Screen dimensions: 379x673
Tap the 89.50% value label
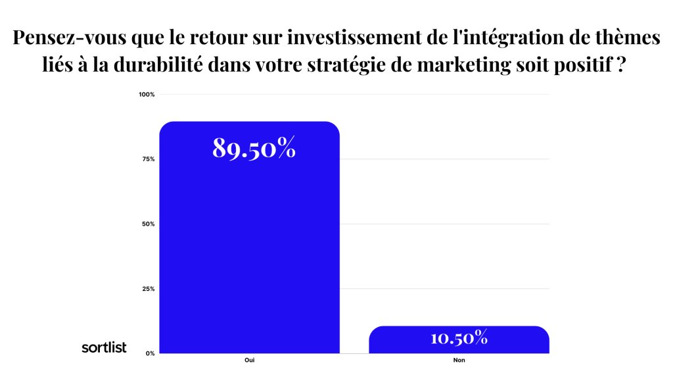(254, 148)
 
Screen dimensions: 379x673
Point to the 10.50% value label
(459, 338)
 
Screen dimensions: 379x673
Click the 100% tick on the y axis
(147, 95)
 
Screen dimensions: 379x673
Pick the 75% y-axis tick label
(148, 159)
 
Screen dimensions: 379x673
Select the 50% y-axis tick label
(148, 224)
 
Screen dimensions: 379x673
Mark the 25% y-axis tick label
(148, 289)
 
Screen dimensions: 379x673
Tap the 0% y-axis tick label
(150, 353)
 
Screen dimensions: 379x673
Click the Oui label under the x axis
(249, 361)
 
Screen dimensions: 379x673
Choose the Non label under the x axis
(459, 361)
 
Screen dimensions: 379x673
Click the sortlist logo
(104, 347)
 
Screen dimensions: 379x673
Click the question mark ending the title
(620, 66)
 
